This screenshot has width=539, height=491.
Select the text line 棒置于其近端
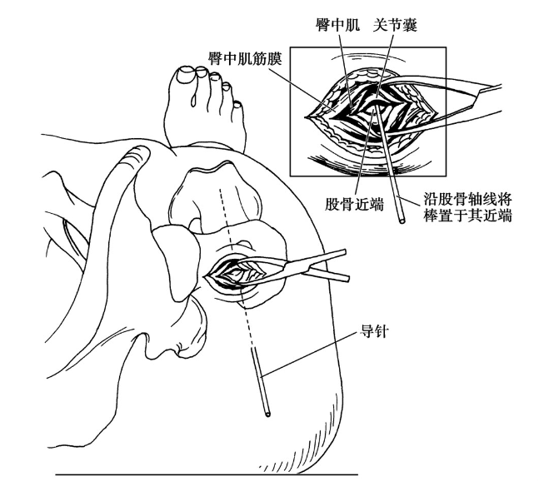pyautogui.click(x=472, y=218)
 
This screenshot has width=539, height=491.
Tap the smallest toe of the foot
pyautogui.click(x=237, y=107)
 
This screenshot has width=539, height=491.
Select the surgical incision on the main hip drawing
pyautogui.click(x=242, y=271)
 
